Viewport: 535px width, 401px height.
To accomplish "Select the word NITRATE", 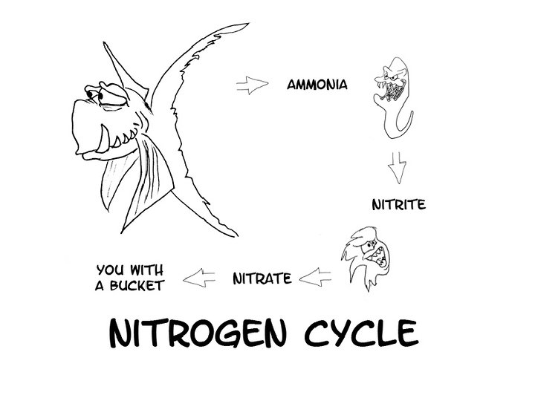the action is coord(262,279).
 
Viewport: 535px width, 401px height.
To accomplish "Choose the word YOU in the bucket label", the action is coord(109,268).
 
